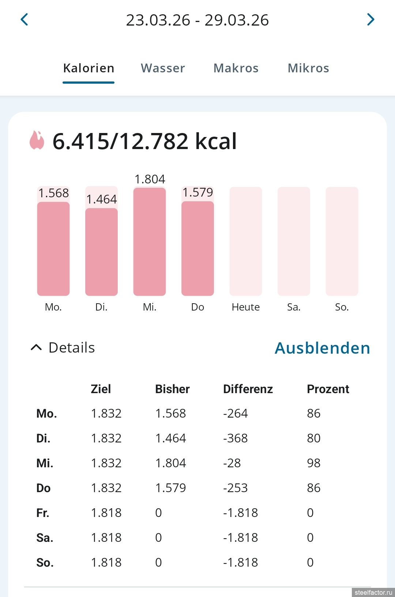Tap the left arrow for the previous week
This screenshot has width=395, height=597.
(x=25, y=20)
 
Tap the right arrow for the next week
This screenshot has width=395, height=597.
(x=370, y=20)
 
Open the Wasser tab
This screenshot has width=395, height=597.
(x=163, y=68)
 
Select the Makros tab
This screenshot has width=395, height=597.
(x=236, y=68)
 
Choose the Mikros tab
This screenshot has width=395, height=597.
(x=308, y=68)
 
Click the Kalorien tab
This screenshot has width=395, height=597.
(x=89, y=68)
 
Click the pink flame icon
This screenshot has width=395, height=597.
(x=37, y=141)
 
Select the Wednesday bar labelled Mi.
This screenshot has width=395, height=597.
(x=150, y=241)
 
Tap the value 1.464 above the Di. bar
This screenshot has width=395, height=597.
(x=102, y=199)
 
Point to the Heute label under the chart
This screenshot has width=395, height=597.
(x=245, y=307)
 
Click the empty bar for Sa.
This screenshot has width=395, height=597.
(x=294, y=241)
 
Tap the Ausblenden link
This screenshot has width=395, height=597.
(x=322, y=348)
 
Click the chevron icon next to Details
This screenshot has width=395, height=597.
(x=36, y=347)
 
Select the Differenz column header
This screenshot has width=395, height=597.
(x=248, y=389)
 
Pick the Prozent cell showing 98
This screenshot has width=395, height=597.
(x=313, y=463)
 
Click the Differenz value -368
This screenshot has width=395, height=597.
(x=235, y=438)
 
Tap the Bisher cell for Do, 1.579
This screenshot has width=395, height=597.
(x=170, y=488)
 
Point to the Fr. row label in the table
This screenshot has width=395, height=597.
(x=43, y=513)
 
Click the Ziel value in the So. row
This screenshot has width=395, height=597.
(x=106, y=563)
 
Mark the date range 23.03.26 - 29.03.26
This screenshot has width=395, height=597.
(x=197, y=20)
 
